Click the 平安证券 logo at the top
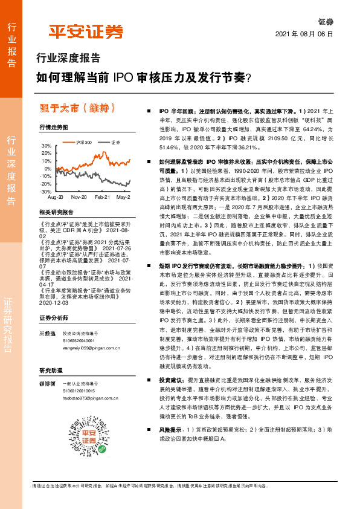85,31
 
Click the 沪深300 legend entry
84,143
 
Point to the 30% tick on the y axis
47,146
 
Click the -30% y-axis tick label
46,191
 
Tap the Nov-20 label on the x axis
79,198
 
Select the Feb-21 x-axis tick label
102,198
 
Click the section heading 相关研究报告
56,213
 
